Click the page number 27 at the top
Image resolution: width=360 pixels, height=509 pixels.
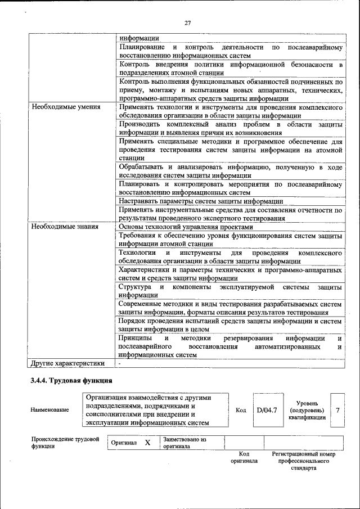click(187, 23)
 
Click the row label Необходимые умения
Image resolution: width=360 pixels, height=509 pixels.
click(66, 106)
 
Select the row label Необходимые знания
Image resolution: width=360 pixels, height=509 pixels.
click(65, 227)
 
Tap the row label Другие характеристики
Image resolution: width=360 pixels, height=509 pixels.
click(68, 363)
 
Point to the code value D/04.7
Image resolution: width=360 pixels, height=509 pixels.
click(267, 410)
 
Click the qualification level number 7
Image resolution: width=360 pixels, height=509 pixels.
click(337, 410)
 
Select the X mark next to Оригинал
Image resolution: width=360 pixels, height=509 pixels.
click(147, 443)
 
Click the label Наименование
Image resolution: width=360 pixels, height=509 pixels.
click(50, 410)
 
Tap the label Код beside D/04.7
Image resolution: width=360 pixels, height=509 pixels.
click(240, 410)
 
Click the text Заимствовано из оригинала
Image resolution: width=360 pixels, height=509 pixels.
click(184, 443)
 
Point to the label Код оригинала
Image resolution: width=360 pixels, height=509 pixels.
click(244, 457)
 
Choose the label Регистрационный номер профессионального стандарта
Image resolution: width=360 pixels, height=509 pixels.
click(303, 460)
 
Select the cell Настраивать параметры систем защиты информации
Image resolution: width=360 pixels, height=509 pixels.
click(200, 201)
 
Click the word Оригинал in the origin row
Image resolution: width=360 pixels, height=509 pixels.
click(124, 443)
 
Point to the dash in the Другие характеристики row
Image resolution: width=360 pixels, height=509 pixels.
click(120, 363)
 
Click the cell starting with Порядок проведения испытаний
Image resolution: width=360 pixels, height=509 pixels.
click(230, 325)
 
